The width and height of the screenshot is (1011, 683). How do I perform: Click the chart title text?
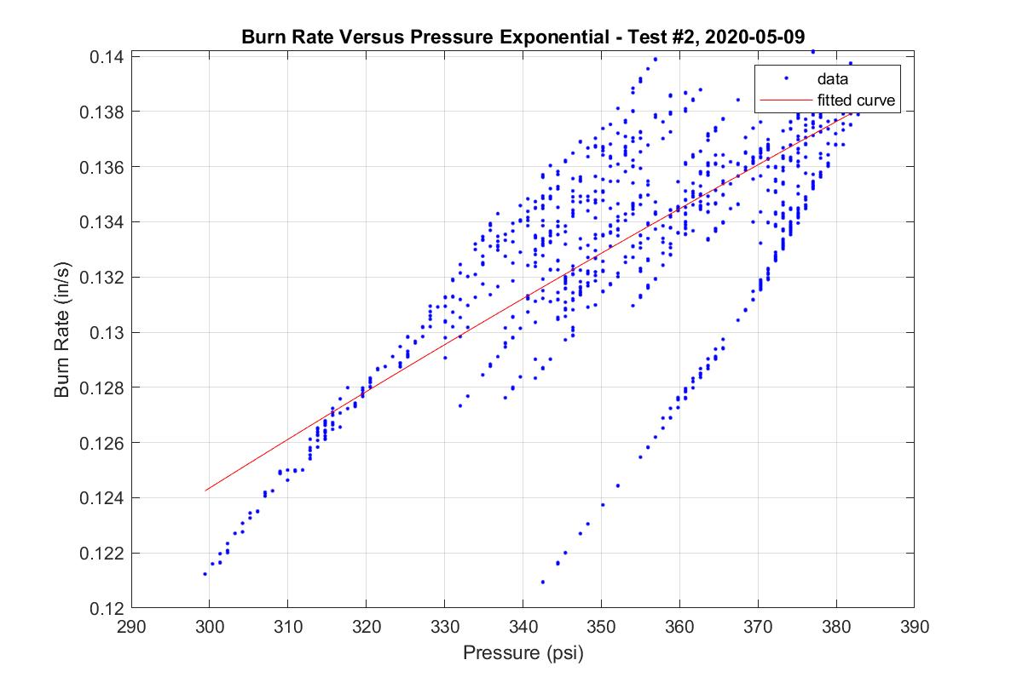(x=523, y=37)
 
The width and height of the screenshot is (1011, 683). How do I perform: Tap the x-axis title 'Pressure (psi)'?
(x=523, y=653)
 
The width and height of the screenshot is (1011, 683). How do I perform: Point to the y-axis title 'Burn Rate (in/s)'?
(x=61, y=331)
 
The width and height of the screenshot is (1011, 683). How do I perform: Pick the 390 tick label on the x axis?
(x=914, y=627)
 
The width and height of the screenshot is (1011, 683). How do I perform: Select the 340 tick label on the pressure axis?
(x=523, y=627)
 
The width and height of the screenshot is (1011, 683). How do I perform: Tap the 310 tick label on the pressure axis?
(x=287, y=627)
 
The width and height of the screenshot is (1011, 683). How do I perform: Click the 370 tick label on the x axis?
(x=757, y=627)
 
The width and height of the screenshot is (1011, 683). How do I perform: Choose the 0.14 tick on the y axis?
(x=107, y=56)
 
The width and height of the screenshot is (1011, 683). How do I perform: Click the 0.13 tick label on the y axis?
(x=107, y=332)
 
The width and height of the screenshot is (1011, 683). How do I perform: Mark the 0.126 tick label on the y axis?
(x=103, y=443)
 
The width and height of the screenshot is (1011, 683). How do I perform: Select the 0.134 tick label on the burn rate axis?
(x=103, y=222)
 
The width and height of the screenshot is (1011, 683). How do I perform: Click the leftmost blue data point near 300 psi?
(x=205, y=574)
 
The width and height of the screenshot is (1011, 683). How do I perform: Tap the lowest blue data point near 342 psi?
(x=543, y=582)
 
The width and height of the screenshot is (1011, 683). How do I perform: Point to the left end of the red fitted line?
(x=205, y=491)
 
